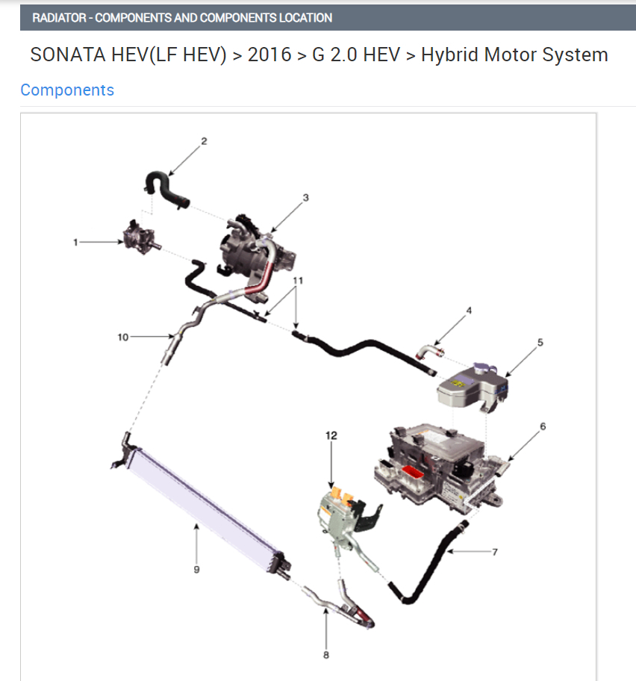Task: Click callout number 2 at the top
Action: click(x=204, y=141)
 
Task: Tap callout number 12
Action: click(x=331, y=435)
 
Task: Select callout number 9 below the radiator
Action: click(x=196, y=570)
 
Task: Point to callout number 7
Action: click(x=495, y=552)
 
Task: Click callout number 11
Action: click(x=298, y=281)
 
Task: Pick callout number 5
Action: click(x=540, y=342)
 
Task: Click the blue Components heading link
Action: click(x=67, y=90)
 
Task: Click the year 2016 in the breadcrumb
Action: click(x=269, y=55)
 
